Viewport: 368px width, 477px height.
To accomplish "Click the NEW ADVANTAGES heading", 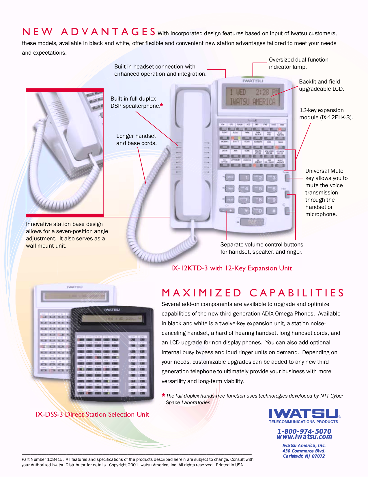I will (x=89, y=32).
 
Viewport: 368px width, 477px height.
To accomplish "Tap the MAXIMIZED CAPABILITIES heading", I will (x=253, y=293).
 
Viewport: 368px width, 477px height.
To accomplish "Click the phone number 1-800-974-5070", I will (x=304, y=431).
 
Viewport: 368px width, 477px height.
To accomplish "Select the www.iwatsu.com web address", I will (x=304, y=437).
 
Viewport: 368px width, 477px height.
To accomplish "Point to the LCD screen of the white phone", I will (x=253, y=97).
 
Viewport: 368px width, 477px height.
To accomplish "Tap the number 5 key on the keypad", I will (x=259, y=189).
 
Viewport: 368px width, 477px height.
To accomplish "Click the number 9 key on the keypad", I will (x=272, y=200).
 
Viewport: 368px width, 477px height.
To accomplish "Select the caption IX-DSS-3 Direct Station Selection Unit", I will (x=92, y=414).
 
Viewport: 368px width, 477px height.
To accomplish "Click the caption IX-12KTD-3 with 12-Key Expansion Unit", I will (x=231, y=268).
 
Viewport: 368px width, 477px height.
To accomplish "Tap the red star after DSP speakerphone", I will (x=162, y=105).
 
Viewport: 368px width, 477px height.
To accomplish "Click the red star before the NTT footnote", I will (x=163, y=395).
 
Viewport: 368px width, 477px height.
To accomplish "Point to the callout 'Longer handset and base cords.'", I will (x=136, y=140).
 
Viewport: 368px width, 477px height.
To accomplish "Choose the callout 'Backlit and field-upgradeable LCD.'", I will (x=321, y=85).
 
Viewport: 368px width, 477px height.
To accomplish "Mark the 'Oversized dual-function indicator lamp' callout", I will (x=298, y=63).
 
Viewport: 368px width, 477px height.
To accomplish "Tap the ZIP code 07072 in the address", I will (x=318, y=456).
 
